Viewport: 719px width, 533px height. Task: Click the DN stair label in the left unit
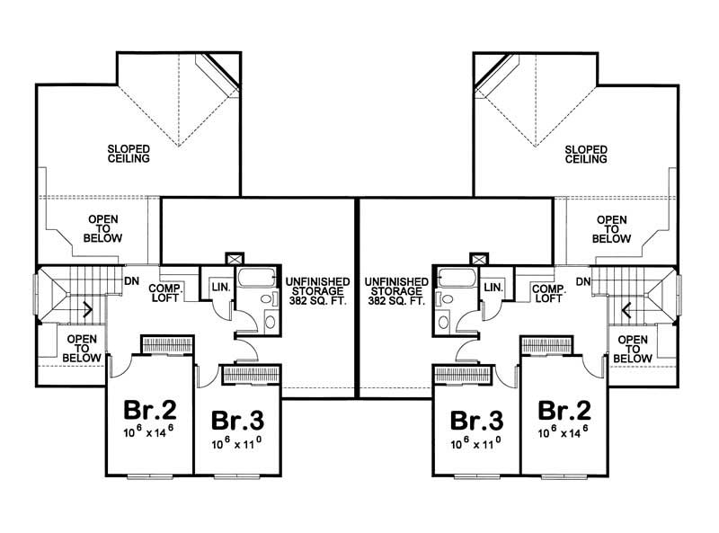click(x=130, y=281)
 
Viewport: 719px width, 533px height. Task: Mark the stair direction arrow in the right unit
click(x=626, y=312)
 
